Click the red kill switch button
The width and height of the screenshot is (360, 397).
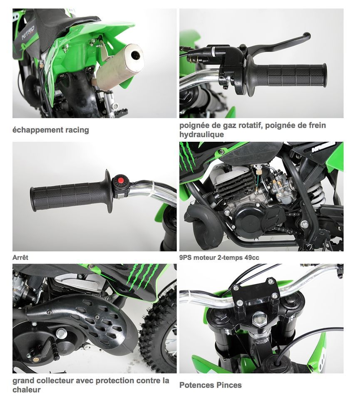point(121,180)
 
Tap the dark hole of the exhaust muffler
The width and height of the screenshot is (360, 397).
point(137,55)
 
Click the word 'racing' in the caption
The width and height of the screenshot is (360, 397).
point(77,130)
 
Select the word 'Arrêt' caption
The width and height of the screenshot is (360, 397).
point(20,257)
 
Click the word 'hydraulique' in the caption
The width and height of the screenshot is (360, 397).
point(201,134)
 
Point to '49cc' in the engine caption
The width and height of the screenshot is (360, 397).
point(252,257)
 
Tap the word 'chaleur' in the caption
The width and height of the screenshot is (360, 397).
point(26,390)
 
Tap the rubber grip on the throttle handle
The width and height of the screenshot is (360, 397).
point(289,75)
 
